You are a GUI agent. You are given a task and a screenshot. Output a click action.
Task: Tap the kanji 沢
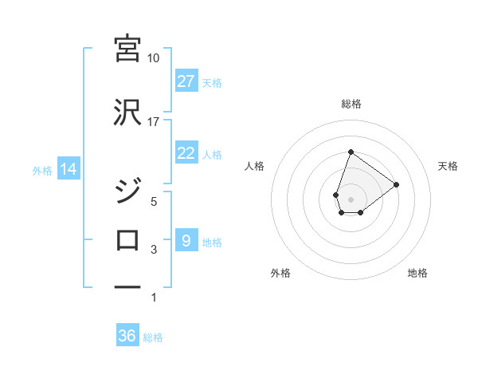coord(127,113)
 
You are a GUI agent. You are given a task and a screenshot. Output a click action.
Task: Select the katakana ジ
coord(127,193)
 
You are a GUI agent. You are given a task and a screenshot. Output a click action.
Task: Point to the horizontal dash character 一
coord(127,286)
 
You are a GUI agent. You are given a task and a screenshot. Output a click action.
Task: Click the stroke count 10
coord(153,58)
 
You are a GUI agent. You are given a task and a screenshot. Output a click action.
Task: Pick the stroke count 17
coord(153,122)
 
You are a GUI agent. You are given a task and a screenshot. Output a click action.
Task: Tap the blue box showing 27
coord(186,81)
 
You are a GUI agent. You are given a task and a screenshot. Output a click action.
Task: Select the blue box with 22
coord(186,153)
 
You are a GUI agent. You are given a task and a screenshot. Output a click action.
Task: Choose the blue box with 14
coord(68,169)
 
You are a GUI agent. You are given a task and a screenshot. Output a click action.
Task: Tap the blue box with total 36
coord(127,336)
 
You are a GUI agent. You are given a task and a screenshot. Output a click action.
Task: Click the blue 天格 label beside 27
coord(212,82)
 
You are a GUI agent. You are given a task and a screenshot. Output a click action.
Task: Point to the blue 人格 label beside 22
coord(212,154)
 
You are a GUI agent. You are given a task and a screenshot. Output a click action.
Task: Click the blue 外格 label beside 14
coord(42,170)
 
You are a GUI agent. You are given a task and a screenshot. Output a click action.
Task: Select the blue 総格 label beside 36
coord(153,337)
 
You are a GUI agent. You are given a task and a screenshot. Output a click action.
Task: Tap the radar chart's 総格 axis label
coord(351,104)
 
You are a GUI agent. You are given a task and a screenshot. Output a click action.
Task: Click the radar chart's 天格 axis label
coord(448,166)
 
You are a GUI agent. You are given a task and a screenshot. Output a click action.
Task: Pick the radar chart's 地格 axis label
coord(417,273)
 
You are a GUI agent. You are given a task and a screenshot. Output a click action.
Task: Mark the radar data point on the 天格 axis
coord(396,184)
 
